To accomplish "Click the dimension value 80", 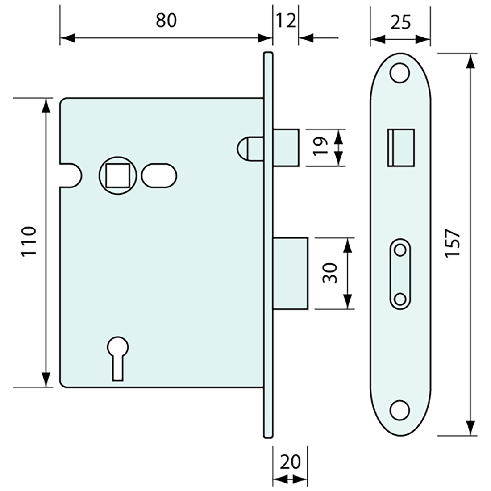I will pyautogui.click(x=166, y=21).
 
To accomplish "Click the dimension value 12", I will pyautogui.click(x=286, y=21).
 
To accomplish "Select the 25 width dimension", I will pyautogui.click(x=400, y=21).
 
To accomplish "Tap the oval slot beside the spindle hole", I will pyautogui.click(x=159, y=175).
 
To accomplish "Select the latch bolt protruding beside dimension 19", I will pyautogui.click(x=286, y=147).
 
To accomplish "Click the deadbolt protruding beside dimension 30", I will pyautogui.click(x=290, y=273).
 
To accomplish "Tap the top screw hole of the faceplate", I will pyautogui.click(x=400, y=74).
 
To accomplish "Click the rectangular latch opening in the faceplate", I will pyautogui.click(x=400, y=147).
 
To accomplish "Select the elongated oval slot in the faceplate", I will pyautogui.click(x=400, y=274).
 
